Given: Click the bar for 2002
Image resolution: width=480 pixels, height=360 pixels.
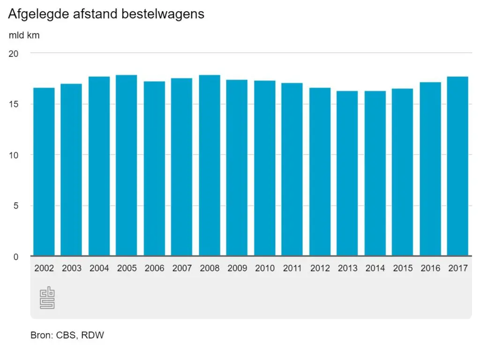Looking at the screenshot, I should [x=44, y=172].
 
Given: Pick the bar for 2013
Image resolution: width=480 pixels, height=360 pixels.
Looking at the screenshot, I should [x=347, y=173].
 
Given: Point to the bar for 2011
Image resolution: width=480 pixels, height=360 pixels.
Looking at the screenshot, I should [x=292, y=169].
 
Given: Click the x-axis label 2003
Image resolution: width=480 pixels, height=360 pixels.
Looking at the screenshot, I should [x=72, y=268].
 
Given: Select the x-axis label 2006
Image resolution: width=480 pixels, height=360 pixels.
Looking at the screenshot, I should [x=154, y=268].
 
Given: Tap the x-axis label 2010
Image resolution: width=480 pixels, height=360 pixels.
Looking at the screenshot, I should [x=265, y=268].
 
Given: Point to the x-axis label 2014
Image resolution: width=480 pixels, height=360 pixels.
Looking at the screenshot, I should [x=375, y=268].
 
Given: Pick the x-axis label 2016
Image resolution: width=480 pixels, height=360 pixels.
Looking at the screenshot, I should [x=430, y=268].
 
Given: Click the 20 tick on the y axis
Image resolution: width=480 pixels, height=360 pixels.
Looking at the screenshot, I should [x=14, y=53].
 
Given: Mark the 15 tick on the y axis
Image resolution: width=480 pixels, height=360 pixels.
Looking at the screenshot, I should [x=14, y=104].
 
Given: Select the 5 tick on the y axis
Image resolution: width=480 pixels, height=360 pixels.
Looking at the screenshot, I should [x=15, y=206].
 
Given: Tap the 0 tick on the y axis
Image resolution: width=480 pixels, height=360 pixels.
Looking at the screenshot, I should [x=15, y=257].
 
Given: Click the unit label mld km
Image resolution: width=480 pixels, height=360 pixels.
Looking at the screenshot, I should [x=24, y=36].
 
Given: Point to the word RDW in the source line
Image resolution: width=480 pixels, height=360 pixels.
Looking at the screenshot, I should [x=93, y=336].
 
